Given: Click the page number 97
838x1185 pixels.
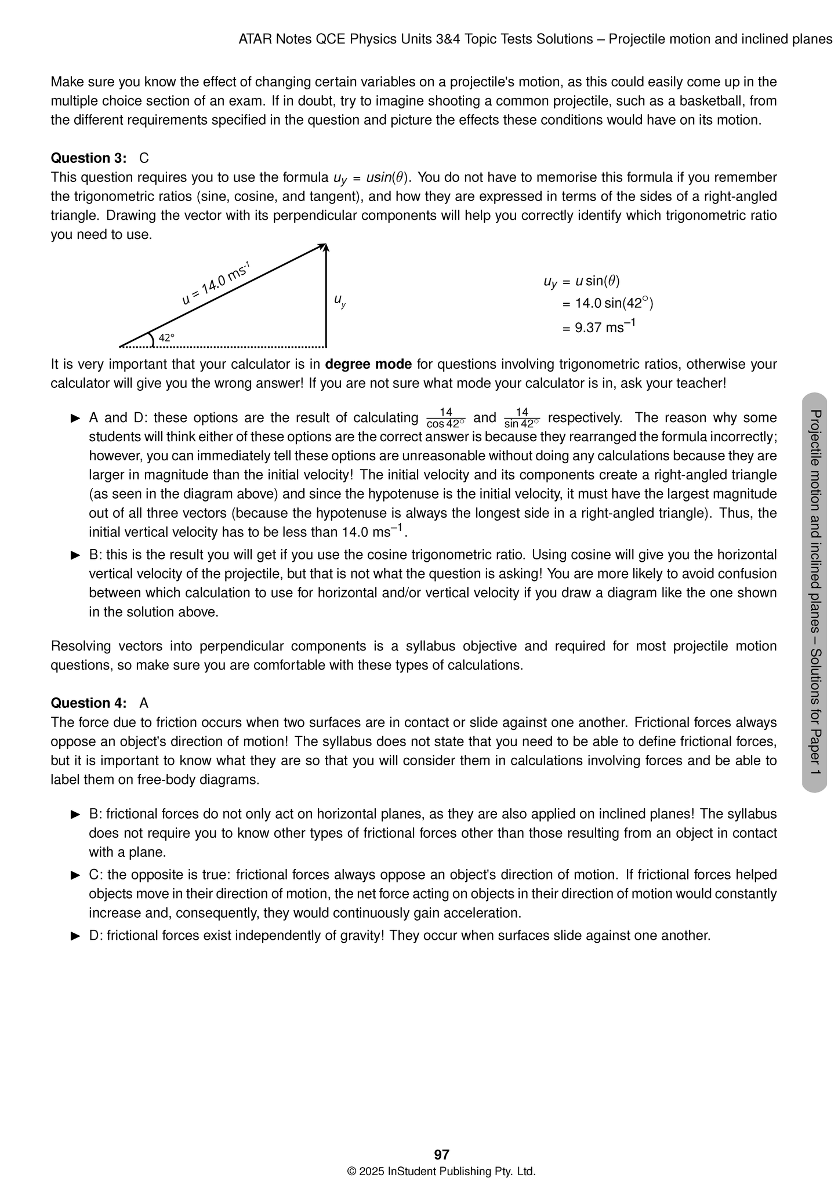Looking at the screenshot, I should point(441,1154).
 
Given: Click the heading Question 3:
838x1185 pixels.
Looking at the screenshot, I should point(89,158).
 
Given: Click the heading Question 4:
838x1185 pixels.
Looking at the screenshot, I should point(89,703).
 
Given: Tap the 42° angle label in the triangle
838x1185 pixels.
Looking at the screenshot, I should point(166,337).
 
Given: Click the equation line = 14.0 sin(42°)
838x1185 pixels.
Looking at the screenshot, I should point(607,303).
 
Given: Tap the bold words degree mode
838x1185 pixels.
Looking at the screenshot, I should point(368,365).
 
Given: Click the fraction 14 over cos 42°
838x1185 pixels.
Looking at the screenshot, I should point(445,418).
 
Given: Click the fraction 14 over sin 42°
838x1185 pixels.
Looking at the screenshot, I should point(522,418).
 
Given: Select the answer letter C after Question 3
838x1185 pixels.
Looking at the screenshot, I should point(144,158).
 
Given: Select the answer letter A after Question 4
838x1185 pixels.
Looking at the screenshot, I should point(144,703).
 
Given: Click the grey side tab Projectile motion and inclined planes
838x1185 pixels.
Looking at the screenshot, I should point(814,591).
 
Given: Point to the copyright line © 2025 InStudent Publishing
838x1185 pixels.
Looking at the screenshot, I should point(441,1171).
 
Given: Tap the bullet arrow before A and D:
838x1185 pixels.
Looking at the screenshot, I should point(75,418).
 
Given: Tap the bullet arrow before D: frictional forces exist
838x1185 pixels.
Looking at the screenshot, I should point(75,936).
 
